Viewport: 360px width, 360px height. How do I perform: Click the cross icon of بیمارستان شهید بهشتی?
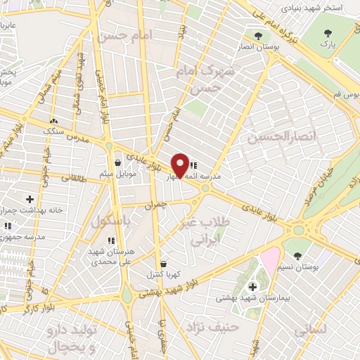pos(253,287)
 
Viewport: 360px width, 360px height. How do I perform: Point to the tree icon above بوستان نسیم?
pos(297,255)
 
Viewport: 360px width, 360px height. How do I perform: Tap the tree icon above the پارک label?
pos(328,33)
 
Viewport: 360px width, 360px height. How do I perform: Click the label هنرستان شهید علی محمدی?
pos(117,255)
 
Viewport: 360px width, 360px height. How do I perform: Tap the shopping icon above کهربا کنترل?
pos(163,264)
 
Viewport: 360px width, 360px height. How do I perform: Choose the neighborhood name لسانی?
pos(309,327)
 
